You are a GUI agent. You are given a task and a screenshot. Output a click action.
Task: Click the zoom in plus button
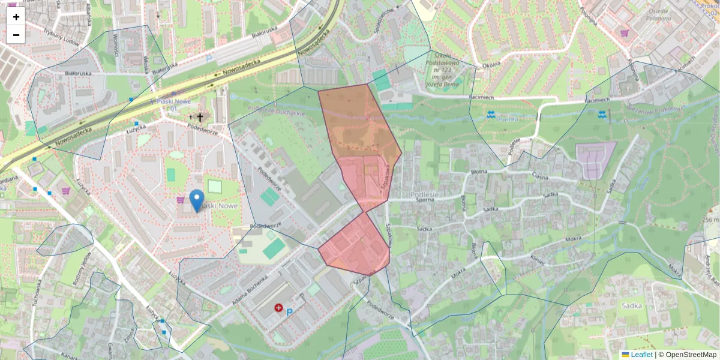click(16, 17)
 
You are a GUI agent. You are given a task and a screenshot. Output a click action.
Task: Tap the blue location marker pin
click(196, 200)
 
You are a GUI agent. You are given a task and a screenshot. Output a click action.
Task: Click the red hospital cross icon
click(278, 308)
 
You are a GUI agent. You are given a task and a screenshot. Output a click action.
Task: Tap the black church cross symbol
click(200, 118)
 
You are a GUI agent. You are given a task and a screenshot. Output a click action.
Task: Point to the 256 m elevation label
click(710, 220)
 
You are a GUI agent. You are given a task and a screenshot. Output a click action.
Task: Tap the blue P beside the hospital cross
click(290, 313)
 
